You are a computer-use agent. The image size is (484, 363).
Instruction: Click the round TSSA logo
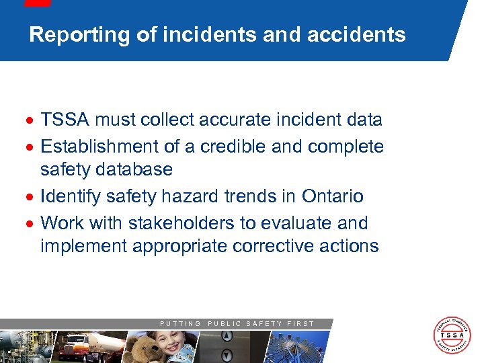coord(452,335)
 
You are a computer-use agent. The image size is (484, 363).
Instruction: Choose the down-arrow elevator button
coord(227,354)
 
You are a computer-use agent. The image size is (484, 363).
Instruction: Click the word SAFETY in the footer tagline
coord(264,324)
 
